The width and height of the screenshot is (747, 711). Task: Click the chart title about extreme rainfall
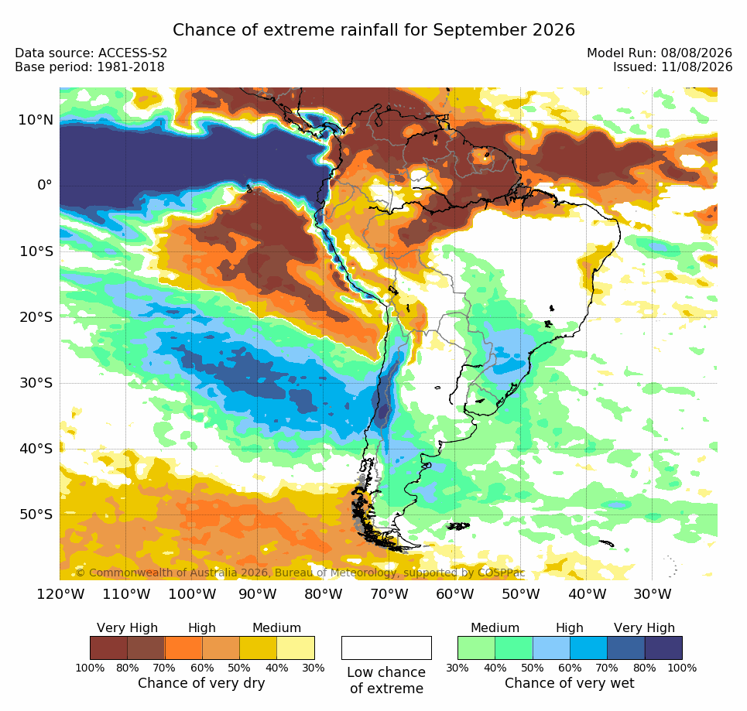pyautogui.click(x=373, y=30)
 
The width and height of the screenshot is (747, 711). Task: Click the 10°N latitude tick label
pyautogui.click(x=36, y=120)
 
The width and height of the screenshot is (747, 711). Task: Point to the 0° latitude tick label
pyautogui.click(x=45, y=185)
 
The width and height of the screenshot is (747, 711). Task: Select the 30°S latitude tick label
pyautogui.click(x=36, y=383)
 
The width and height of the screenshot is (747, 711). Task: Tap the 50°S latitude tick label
pyautogui.click(x=36, y=514)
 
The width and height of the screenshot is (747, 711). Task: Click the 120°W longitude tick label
pyautogui.click(x=60, y=594)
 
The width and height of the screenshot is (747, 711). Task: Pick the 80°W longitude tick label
pyautogui.click(x=324, y=594)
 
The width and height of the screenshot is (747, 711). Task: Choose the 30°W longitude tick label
pyautogui.click(x=653, y=594)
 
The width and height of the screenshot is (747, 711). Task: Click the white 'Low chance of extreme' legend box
pyautogui.click(x=386, y=648)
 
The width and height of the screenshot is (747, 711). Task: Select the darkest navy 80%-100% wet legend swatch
pyautogui.click(x=663, y=648)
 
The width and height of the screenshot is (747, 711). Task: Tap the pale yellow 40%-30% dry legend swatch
pyautogui.click(x=296, y=648)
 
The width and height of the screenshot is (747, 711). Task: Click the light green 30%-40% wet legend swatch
pyautogui.click(x=476, y=648)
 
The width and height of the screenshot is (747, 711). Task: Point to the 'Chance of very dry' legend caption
pyautogui.click(x=201, y=683)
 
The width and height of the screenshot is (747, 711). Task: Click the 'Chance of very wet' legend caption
pyautogui.click(x=569, y=683)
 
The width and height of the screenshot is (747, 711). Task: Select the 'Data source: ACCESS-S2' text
pyautogui.click(x=91, y=53)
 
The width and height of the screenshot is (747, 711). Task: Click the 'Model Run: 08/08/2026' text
pyautogui.click(x=660, y=53)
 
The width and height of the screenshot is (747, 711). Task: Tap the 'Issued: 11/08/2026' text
pyautogui.click(x=673, y=67)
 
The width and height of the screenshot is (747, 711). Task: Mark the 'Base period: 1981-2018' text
pyautogui.click(x=90, y=67)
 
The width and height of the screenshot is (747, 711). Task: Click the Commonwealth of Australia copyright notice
pyautogui.click(x=300, y=573)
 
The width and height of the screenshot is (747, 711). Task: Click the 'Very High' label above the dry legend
pyautogui.click(x=127, y=628)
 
